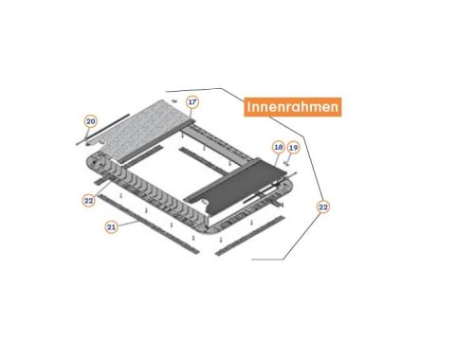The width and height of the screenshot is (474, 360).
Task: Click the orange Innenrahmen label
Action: (293, 107)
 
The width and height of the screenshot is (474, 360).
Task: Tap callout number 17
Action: (192, 102)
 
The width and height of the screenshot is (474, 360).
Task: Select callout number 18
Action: (279, 147)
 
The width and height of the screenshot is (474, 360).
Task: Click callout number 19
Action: (294, 148)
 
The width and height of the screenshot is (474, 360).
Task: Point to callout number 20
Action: (91, 121)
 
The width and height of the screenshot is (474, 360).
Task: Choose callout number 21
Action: (111, 226)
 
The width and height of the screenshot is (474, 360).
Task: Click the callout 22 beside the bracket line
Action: (323, 207)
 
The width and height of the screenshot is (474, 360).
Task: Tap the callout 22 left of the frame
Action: (89, 201)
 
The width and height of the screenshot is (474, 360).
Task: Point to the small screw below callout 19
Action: (287, 163)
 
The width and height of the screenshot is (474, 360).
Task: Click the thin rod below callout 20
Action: (102, 130)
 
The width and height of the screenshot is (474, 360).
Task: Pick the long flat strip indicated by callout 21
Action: (149, 224)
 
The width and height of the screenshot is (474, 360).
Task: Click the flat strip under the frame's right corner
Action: (249, 236)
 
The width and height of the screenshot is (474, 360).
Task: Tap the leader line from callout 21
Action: (128, 224)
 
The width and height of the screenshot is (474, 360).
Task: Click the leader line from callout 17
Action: (191, 114)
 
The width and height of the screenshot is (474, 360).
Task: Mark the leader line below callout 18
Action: (276, 159)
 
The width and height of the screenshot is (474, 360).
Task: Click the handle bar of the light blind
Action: (155, 139)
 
